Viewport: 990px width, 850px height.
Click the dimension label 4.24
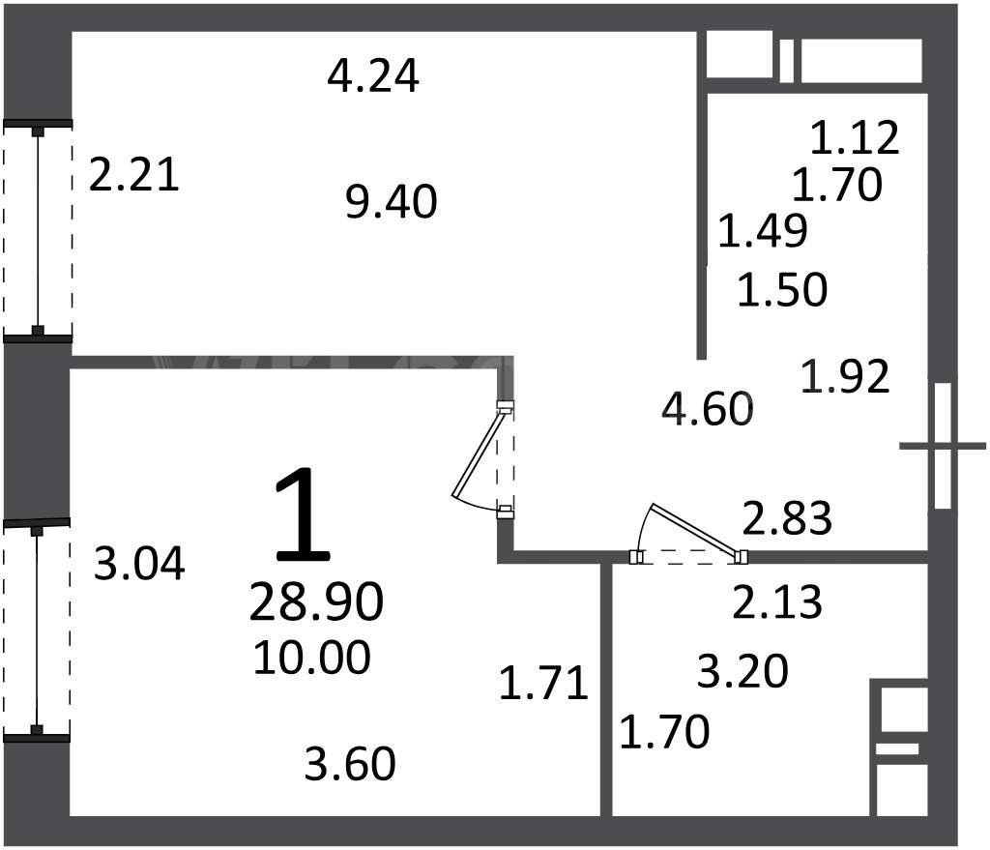click(373, 76)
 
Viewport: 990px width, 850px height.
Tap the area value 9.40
click(392, 202)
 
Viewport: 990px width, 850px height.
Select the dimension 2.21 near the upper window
click(133, 175)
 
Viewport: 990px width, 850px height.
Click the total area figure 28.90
click(316, 601)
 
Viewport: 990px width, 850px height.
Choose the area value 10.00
click(312, 658)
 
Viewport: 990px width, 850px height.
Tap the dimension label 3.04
click(139, 564)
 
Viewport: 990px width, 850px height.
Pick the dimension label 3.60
click(350, 764)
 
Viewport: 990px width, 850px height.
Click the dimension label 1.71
click(543, 684)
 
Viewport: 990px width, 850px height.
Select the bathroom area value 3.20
click(743, 671)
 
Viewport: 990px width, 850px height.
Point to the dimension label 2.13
click(777, 601)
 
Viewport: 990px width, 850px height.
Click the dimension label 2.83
click(787, 518)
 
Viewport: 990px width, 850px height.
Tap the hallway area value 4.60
click(707, 409)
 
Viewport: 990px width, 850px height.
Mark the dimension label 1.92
click(845, 376)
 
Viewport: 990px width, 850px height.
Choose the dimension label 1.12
click(855, 137)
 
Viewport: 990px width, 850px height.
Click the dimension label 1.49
click(763, 231)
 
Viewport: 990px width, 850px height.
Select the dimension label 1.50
click(782, 290)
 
